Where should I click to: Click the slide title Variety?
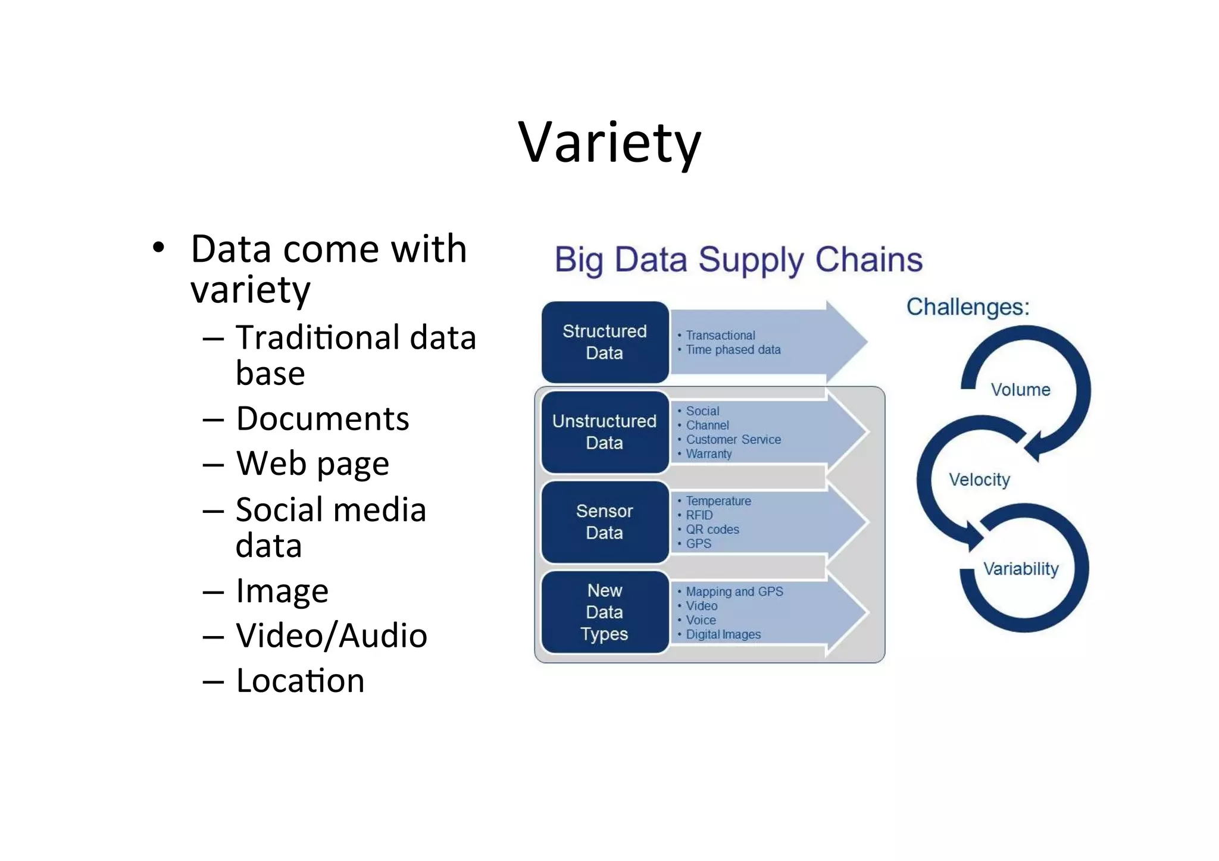tap(609, 143)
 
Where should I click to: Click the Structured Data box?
tap(605, 342)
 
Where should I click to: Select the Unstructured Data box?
tap(605, 432)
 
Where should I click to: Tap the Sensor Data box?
tap(605, 522)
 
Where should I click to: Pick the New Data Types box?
tap(605, 612)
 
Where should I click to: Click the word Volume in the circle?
tap(1020, 390)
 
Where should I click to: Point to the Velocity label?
tap(979, 480)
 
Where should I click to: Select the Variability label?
tap(1021, 569)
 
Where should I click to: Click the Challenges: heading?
tap(968, 307)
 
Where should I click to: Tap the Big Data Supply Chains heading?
tap(739, 260)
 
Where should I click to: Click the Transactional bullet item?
tap(720, 336)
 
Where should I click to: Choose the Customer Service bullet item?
tap(733, 440)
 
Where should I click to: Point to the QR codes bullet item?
tap(712, 530)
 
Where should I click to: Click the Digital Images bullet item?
tap(723, 634)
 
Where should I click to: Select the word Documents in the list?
tap(323, 419)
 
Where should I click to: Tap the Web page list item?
tap(312, 464)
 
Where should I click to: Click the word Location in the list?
tap(300, 681)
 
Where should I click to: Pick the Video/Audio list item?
tap(332, 635)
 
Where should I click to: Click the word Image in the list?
tap(282, 591)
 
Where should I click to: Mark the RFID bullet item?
tap(699, 515)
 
